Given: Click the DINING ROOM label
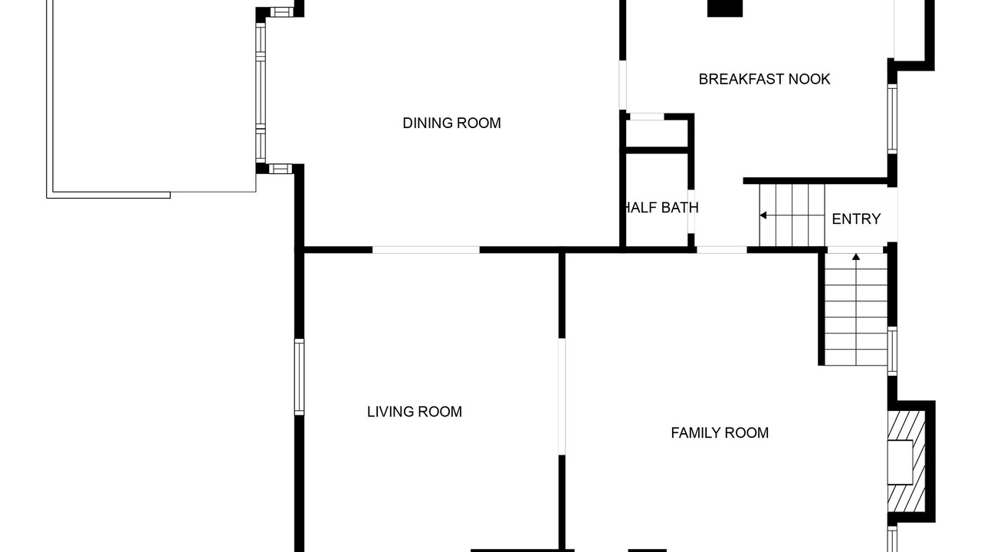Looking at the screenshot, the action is coord(451,123).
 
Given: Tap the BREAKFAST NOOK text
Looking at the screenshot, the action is coord(764,79).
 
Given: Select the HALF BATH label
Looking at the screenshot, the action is coord(661,208).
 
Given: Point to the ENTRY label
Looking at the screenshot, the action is coord(856,219).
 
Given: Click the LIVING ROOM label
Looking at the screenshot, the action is coord(415,412).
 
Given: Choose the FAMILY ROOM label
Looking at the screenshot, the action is coord(720,433).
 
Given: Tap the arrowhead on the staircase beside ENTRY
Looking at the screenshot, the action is coord(763,215).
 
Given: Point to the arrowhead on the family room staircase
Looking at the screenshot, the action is coord(856,256).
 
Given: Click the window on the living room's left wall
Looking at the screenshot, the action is coord(299,376).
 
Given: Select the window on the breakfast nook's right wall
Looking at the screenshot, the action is coord(892,119).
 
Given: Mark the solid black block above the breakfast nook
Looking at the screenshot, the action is coord(725,8).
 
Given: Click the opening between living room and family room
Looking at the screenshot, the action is coord(562,396).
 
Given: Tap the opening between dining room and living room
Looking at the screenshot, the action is coord(425,250).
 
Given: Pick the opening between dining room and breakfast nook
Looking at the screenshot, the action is coord(622,85).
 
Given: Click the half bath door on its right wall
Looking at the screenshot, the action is coord(691,211).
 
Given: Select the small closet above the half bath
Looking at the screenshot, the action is coord(657,133).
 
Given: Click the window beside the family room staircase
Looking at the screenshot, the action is coord(892,351).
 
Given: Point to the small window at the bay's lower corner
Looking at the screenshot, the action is coord(281,169).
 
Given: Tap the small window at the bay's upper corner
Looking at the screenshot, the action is coord(281,11).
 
